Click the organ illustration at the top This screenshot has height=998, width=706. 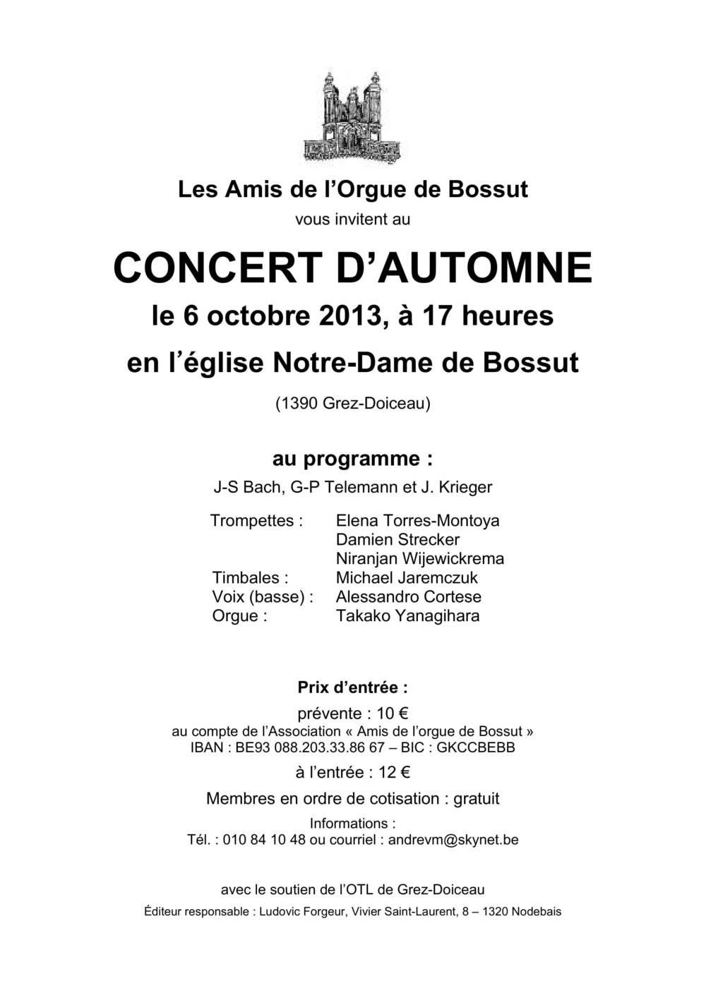352,116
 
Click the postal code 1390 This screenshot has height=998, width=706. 297,404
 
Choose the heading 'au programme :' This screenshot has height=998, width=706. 352,459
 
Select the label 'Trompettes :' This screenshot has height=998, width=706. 256,521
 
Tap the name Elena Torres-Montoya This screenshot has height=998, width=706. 417,521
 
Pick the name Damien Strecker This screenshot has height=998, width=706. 397,540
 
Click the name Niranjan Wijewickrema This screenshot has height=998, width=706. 419,559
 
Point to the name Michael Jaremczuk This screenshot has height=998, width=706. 407,578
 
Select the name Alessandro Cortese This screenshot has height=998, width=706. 408,597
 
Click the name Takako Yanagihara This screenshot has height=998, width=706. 407,616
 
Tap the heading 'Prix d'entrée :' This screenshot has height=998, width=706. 352,687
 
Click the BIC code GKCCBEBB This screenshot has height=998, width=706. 476,747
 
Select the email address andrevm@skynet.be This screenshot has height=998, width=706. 453,840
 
